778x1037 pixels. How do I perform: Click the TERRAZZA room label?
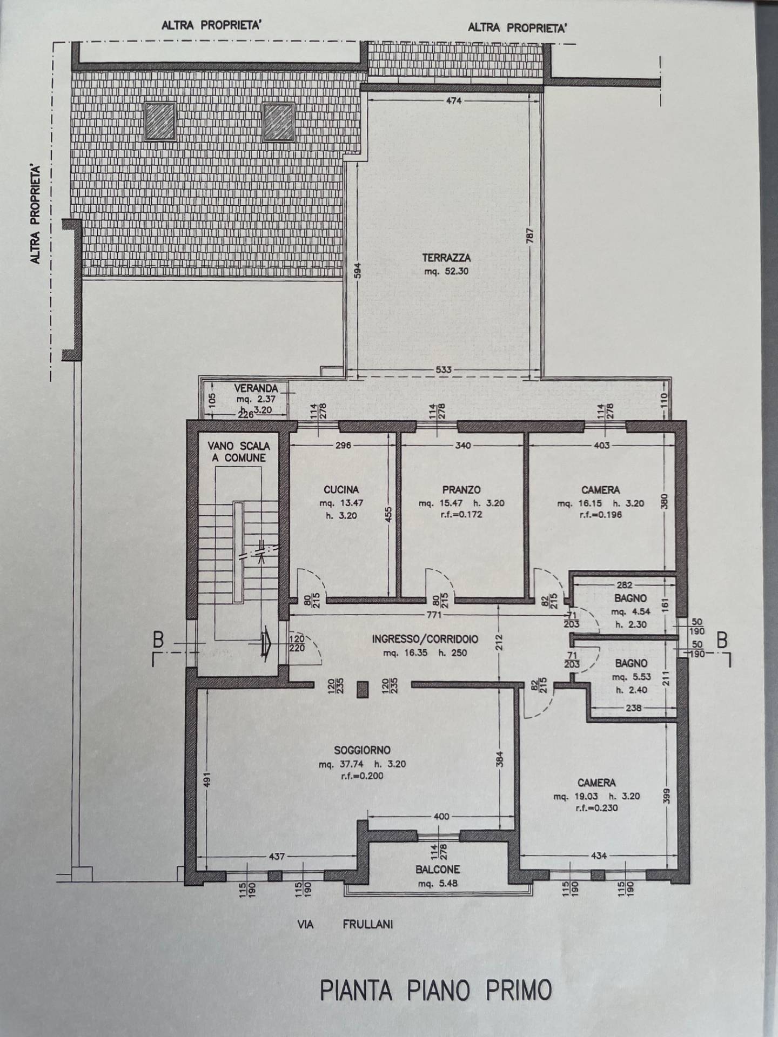pyautogui.click(x=446, y=258)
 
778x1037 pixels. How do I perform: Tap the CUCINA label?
pyautogui.click(x=341, y=490)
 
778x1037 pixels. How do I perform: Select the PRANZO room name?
pyautogui.click(x=461, y=490)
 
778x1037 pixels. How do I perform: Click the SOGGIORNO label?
pyautogui.click(x=362, y=750)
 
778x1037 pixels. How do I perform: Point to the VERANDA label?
pyautogui.click(x=256, y=388)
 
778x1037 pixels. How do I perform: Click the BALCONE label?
pyautogui.click(x=438, y=870)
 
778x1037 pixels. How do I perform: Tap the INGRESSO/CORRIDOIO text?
pyautogui.click(x=425, y=639)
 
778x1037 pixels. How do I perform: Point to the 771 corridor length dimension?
pyautogui.click(x=434, y=615)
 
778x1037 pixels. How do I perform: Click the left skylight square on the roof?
pyautogui.click(x=160, y=122)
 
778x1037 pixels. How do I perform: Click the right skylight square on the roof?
pyautogui.click(x=278, y=122)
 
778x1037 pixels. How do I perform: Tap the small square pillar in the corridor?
pyautogui.click(x=362, y=689)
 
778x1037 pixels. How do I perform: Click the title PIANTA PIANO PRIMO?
pyautogui.click(x=436, y=990)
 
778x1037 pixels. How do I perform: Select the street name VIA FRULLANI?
pyautogui.click(x=345, y=924)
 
